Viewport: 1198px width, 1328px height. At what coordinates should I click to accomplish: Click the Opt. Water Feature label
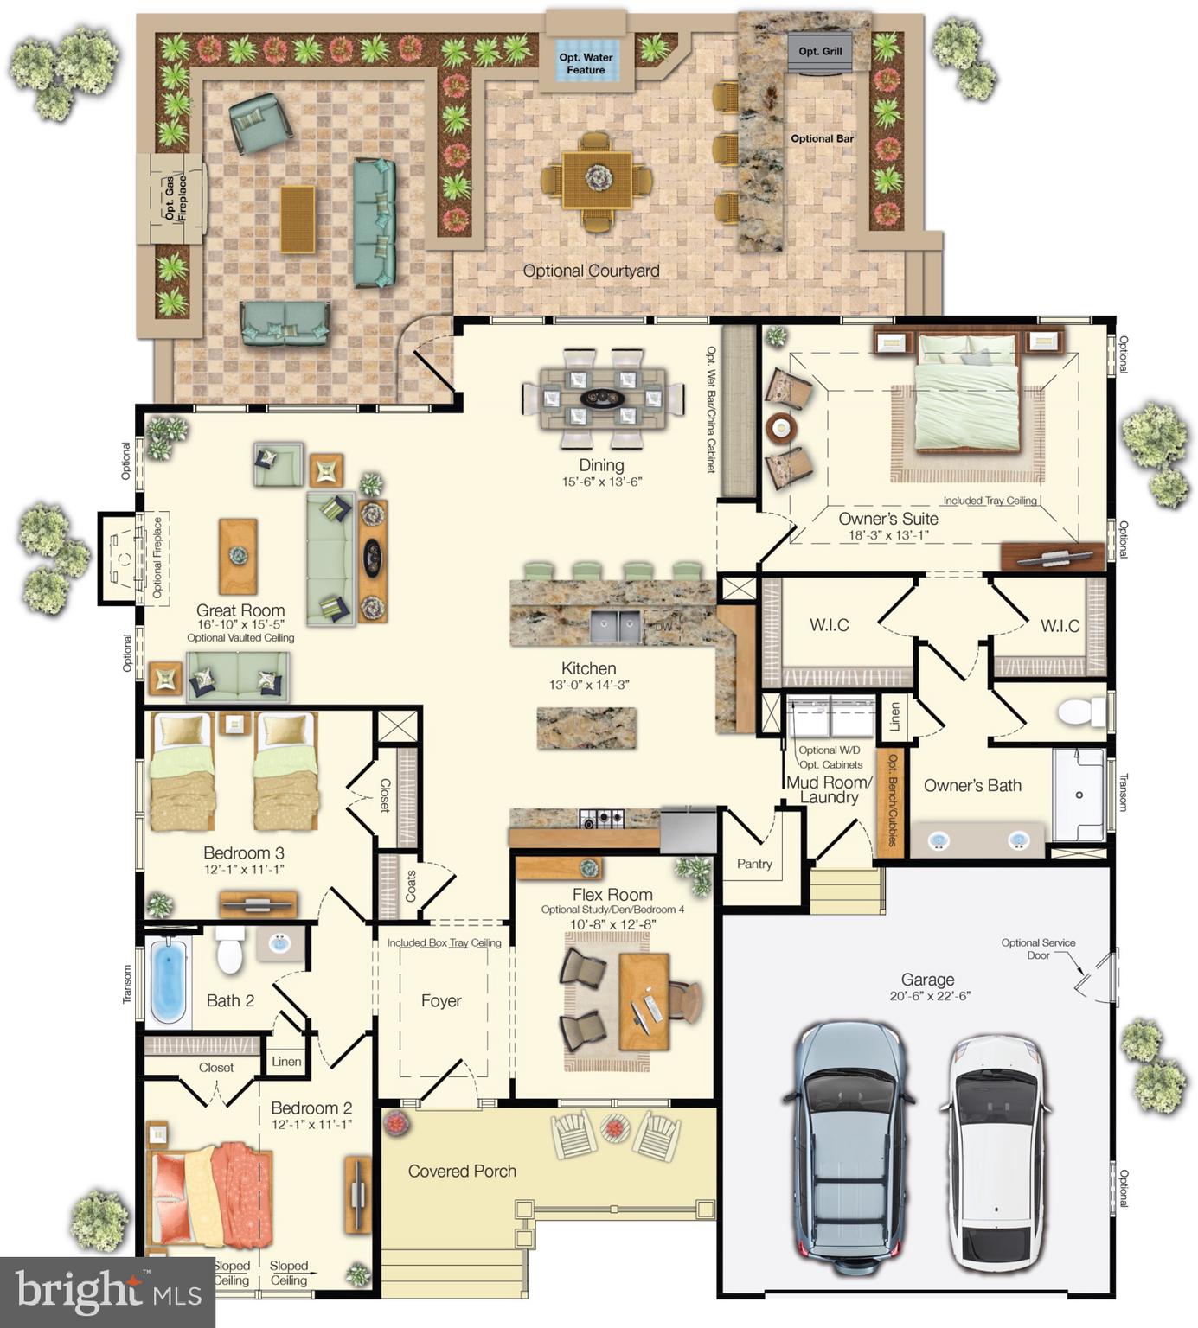click(586, 63)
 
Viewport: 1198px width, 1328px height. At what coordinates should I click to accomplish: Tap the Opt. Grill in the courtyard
click(820, 52)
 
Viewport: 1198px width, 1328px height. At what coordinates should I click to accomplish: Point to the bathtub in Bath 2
click(169, 981)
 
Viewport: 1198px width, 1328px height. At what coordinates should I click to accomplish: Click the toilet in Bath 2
click(229, 950)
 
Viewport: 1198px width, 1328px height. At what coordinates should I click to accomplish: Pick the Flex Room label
click(612, 895)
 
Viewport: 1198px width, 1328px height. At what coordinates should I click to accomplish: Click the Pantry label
click(754, 864)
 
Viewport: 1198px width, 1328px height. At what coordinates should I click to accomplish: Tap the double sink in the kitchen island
click(616, 627)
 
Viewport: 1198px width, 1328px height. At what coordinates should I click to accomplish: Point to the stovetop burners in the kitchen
click(600, 817)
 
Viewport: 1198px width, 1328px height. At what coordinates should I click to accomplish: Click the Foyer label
click(441, 1000)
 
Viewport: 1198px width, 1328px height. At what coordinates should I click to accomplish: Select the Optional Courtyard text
click(591, 271)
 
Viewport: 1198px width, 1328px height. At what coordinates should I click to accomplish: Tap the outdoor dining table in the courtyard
click(597, 180)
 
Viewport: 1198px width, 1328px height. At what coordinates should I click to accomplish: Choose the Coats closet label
click(411, 885)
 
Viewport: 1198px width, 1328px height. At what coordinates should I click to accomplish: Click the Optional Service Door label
click(1038, 948)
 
